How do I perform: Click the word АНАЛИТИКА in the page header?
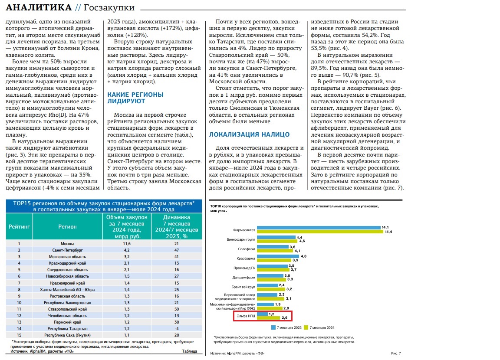39,7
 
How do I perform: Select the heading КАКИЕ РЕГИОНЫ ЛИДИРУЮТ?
135,98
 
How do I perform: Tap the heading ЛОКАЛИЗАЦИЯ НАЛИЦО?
250,134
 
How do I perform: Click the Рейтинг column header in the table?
19,226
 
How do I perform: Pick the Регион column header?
67,226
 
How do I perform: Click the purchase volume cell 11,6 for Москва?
127,244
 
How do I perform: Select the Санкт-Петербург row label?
67,250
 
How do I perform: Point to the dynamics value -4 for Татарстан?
177,328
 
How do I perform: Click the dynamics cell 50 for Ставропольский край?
177,309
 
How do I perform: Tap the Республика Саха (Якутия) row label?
67,335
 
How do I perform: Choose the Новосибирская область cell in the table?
67,276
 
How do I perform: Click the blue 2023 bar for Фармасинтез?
319,227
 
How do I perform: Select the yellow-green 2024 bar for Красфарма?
274,260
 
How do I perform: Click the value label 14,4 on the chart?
388,232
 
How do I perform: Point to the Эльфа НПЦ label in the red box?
246,316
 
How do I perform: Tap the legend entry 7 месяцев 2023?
286,327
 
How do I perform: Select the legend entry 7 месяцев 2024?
319,327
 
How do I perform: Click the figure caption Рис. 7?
396,353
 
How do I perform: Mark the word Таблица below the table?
189,351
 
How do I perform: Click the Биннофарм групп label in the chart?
241,239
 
